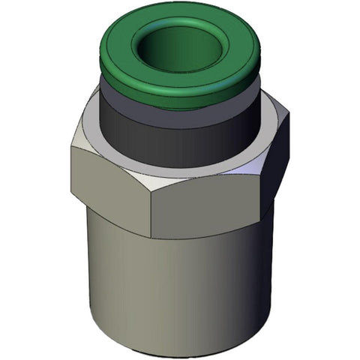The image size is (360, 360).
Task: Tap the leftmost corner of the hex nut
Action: [x=72, y=147]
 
